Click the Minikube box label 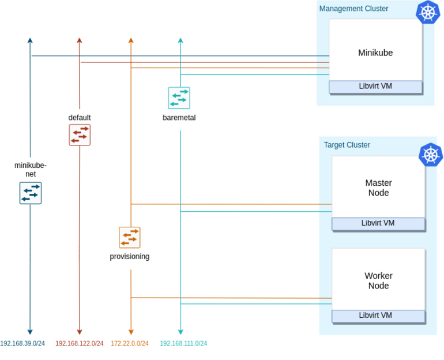pyautogui.click(x=375, y=52)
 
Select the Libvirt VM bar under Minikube pyautogui.click(x=375, y=87)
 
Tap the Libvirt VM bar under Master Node pyautogui.click(x=378, y=223)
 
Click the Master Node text pyautogui.click(x=378, y=188)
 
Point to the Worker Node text pyautogui.click(x=378, y=281)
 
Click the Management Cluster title pyautogui.click(x=353, y=9)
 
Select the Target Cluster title pyautogui.click(x=347, y=145)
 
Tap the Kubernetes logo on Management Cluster pyautogui.click(x=427, y=12)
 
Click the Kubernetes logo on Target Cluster pyautogui.click(x=430, y=155)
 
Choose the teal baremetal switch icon pyautogui.click(x=179, y=98)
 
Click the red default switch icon pyautogui.click(x=80, y=135)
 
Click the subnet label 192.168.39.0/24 pyautogui.click(x=22, y=344)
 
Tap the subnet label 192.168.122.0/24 pyautogui.click(x=80, y=344)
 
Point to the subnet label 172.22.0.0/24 pyautogui.click(x=130, y=344)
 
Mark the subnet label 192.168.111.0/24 pyautogui.click(x=183, y=344)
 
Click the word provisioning pyautogui.click(x=130, y=257)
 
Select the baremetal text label pyautogui.click(x=179, y=118)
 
